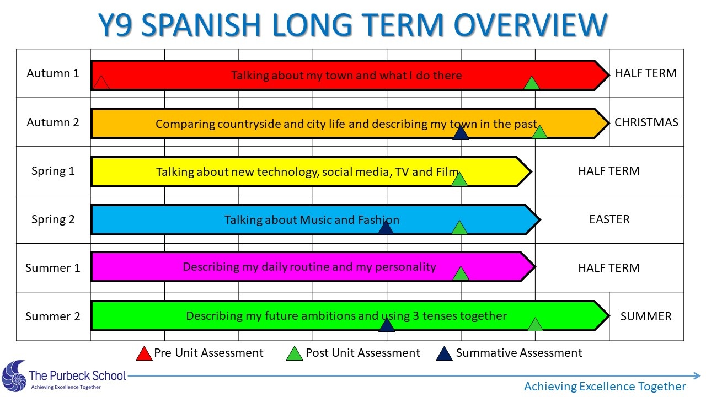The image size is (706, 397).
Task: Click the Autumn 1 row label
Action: [52, 73]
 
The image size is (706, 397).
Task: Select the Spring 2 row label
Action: [53, 219]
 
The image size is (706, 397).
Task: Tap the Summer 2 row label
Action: [52, 316]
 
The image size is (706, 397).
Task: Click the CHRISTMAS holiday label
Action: [646, 122]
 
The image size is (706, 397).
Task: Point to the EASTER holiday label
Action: [609, 219]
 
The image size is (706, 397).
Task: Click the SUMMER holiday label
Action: [646, 316]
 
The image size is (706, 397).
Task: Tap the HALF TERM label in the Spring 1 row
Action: [609, 171]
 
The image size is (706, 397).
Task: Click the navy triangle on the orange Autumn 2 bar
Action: [461, 133]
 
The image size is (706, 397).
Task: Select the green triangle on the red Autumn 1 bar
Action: [532, 83]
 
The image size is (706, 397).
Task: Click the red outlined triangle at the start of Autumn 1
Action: [101, 83]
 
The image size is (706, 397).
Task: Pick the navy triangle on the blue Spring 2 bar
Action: [386, 228]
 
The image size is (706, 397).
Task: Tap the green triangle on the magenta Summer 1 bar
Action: [461, 274]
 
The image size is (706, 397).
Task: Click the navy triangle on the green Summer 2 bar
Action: [387, 325]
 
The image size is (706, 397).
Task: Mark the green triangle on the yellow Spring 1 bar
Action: [459, 180]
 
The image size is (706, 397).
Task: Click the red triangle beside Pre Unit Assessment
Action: [144, 354]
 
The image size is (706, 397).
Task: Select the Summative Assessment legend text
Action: [519, 353]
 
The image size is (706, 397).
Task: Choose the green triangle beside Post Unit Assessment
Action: [295, 354]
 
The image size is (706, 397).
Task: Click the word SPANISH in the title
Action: [201, 25]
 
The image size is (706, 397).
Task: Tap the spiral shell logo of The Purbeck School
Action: [14, 376]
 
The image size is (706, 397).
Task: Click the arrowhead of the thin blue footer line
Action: [697, 375]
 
